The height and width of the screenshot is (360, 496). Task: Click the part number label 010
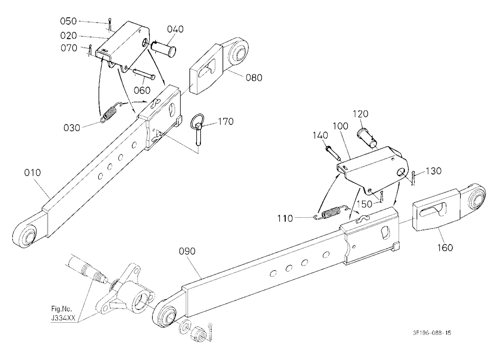click(33, 173)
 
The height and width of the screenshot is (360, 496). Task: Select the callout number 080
click(254, 77)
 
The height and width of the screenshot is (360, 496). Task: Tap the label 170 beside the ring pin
click(226, 121)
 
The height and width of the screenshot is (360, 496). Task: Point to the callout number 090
click(187, 251)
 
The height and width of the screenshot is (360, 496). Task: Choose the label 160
click(445, 247)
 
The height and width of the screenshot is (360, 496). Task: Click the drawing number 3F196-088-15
click(432, 333)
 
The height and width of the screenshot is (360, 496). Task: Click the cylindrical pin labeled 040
click(164, 49)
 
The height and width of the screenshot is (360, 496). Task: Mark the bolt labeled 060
click(143, 73)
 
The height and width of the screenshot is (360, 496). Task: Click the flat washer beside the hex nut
click(185, 327)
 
